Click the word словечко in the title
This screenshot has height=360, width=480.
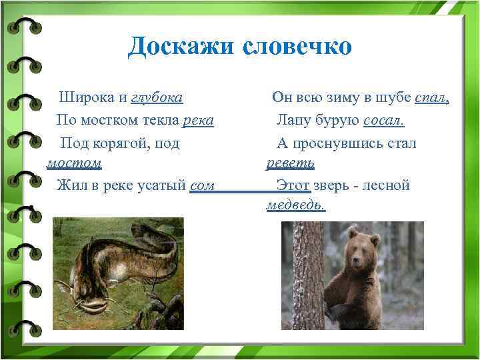[x=296, y=47]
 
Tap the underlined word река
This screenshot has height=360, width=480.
[x=197, y=121]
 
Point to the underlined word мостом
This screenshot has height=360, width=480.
[x=74, y=163]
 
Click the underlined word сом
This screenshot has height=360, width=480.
[x=202, y=185]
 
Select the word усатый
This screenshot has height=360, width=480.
[x=160, y=185]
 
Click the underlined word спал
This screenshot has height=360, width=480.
[x=432, y=98]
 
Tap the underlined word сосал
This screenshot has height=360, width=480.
[x=384, y=121]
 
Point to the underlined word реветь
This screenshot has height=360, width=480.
[x=290, y=163]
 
